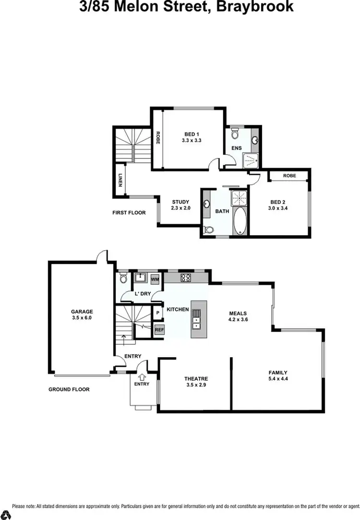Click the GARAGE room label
[82, 311]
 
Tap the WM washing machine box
[155, 278]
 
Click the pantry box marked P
[158, 313]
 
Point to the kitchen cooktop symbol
[186, 278]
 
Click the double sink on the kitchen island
[197, 320]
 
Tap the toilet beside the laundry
[122, 278]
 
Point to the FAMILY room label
[278, 373]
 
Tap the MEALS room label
[238, 313]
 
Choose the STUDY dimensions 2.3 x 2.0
[181, 208]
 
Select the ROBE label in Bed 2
[289, 176]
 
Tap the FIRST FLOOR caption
[129, 212]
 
